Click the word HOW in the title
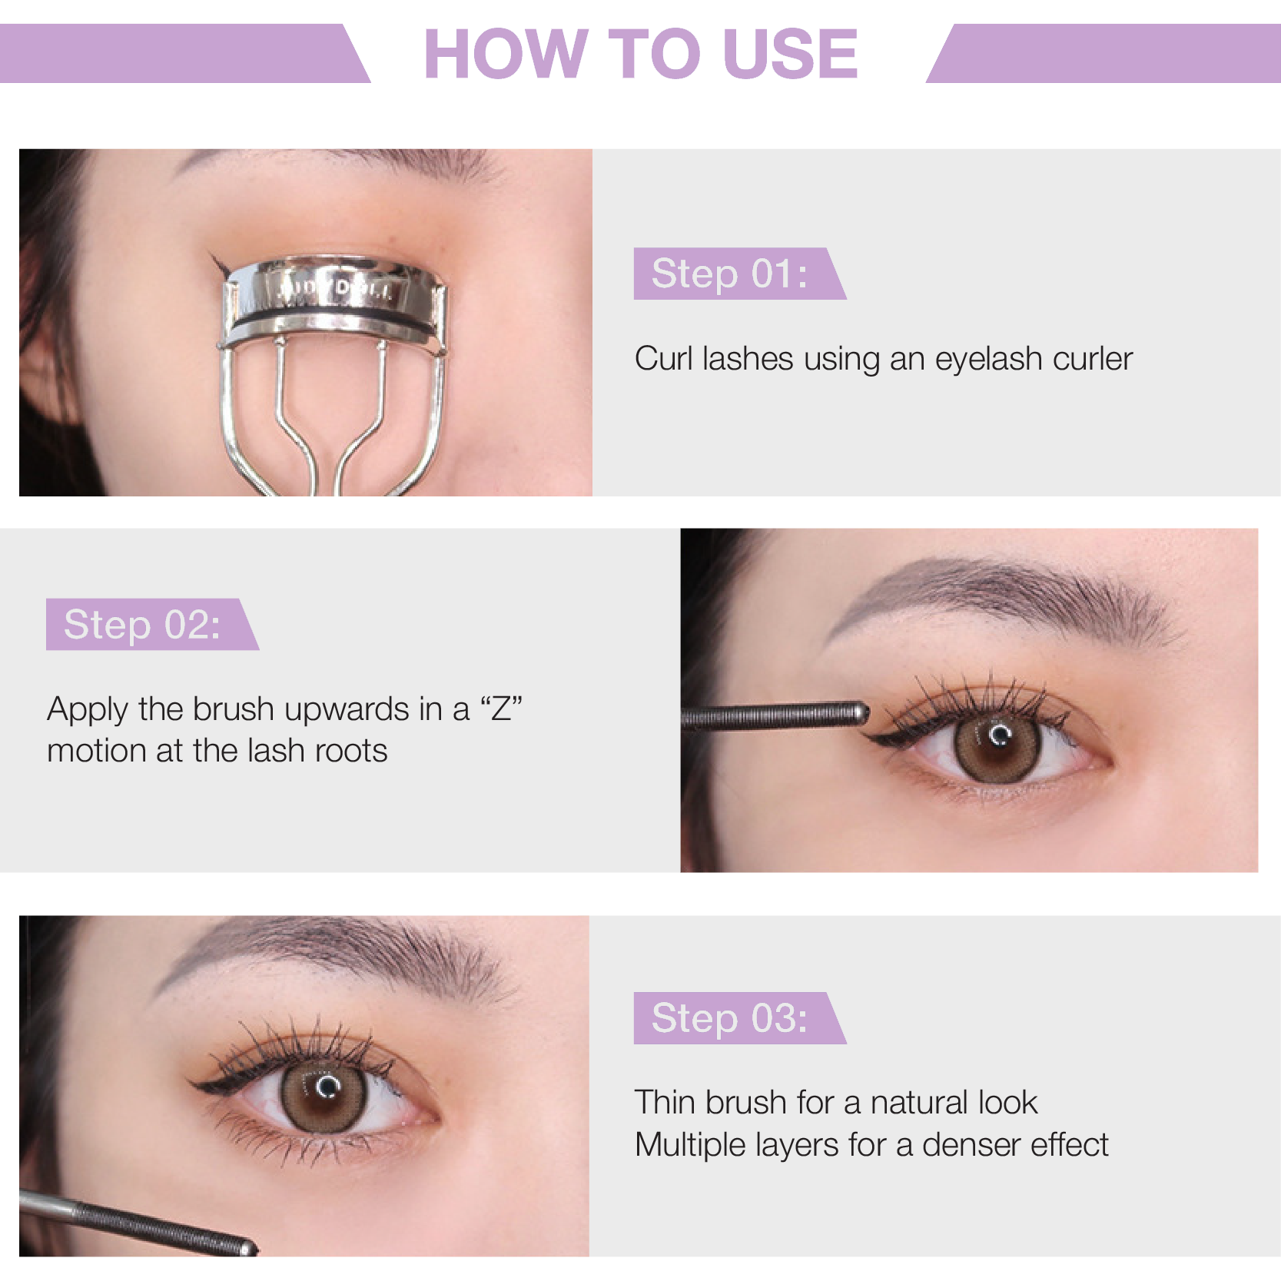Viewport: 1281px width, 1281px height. (x=505, y=54)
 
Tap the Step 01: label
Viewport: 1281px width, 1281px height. (x=729, y=274)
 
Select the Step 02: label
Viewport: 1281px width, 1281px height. (x=142, y=624)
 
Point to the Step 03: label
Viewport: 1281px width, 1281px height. (x=729, y=1018)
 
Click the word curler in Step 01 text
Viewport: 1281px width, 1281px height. (x=1092, y=359)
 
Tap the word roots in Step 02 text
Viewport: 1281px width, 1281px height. (x=351, y=751)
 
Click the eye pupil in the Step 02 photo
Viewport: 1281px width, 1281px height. (x=997, y=742)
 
